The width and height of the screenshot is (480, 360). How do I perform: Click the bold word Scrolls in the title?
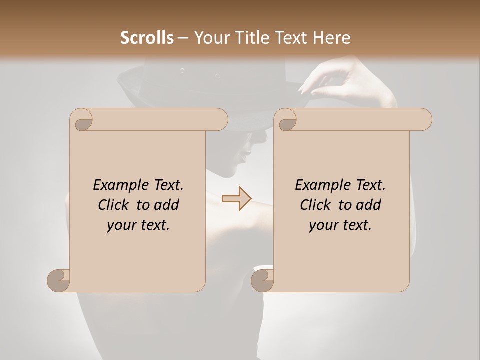click(x=147, y=38)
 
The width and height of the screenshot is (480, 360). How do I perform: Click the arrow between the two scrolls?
click(x=237, y=198)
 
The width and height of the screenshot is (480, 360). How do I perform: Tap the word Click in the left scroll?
click(x=115, y=205)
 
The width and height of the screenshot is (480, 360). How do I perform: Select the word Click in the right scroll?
click(x=317, y=205)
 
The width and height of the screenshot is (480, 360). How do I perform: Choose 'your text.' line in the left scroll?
click(x=138, y=225)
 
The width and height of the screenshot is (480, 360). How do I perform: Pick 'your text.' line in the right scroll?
click(x=340, y=225)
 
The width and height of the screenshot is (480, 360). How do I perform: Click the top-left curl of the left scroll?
click(x=81, y=119)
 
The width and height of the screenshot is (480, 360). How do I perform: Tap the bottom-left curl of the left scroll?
click(x=58, y=280)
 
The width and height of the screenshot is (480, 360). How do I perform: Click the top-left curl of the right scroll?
click(x=286, y=119)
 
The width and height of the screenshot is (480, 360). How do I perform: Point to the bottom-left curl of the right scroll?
click(x=262, y=280)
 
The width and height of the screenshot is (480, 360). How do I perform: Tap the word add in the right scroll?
click(x=369, y=205)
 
